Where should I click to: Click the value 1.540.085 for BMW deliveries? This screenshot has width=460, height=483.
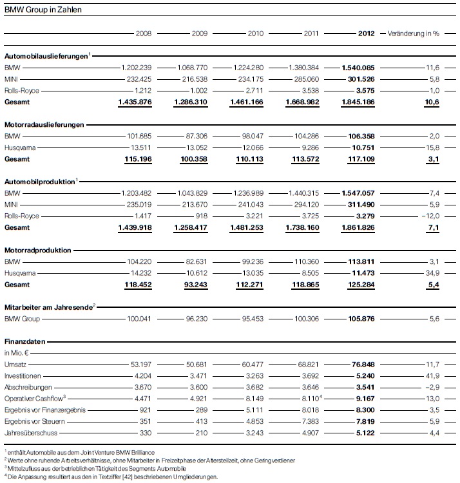[356, 68]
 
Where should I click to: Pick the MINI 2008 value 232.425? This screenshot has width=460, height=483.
[137, 79]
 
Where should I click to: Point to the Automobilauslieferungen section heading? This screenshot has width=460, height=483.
[45, 56]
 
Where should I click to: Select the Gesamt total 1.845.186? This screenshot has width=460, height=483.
[356, 102]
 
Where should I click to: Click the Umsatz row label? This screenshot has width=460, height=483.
[15, 365]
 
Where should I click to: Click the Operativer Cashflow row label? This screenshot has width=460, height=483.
[32, 399]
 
